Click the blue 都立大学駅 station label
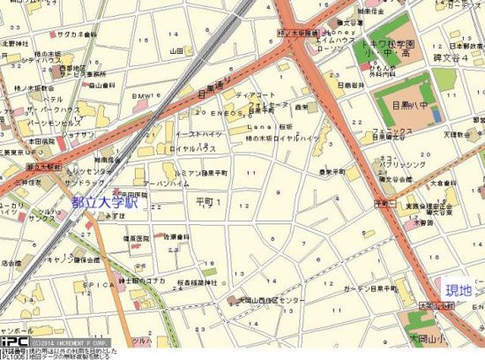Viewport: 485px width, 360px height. pyautogui.click(x=106, y=202)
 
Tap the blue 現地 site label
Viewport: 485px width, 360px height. pyautogui.click(x=459, y=290)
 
